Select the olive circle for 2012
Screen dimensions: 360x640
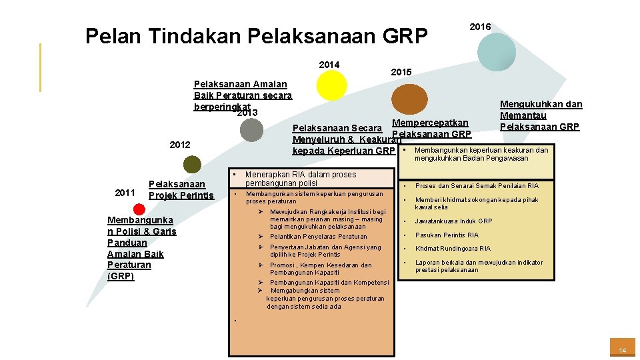click(x=192, y=164)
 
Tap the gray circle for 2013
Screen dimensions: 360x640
click(x=251, y=129)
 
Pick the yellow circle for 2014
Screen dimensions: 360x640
click(x=331, y=85)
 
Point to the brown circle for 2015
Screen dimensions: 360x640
click(x=409, y=98)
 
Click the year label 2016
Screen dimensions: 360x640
click(x=480, y=27)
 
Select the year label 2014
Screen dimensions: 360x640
click(x=329, y=65)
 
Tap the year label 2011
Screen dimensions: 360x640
click(x=125, y=193)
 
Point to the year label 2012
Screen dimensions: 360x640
click(x=180, y=145)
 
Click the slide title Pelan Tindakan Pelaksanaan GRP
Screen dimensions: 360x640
click(x=257, y=35)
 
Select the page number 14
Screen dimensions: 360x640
click(x=622, y=350)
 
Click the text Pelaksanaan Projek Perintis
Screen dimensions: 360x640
click(x=181, y=189)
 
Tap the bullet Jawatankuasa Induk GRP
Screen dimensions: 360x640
click(x=454, y=221)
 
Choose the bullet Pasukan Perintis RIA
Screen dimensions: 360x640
click(x=447, y=235)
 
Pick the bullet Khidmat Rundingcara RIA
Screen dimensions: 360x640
click(x=453, y=249)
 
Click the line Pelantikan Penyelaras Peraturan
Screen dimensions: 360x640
click(x=318, y=237)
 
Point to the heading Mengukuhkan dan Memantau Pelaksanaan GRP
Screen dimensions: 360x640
click(x=541, y=115)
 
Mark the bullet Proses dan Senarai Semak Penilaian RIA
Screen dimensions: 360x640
click(x=477, y=186)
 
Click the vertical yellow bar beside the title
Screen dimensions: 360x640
click(x=41, y=67)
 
